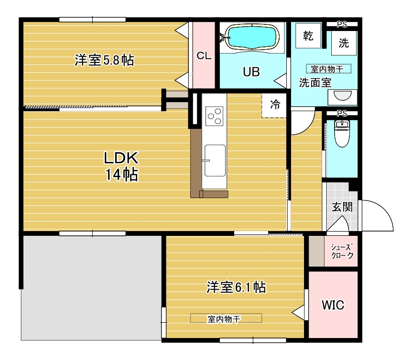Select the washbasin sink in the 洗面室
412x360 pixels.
tap(342, 96)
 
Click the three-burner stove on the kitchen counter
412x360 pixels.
tap(214, 115)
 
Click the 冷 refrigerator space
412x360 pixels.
tap(274, 105)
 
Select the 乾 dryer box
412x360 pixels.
tap(308, 37)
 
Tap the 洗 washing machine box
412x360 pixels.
tap(344, 43)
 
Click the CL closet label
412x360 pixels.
tap(204, 55)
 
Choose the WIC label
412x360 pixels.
tap(333, 305)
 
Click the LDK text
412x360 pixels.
tap(121, 158)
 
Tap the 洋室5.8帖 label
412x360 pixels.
tap(104, 61)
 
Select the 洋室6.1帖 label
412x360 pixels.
tap(236, 287)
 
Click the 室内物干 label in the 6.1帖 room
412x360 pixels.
tap(226, 318)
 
